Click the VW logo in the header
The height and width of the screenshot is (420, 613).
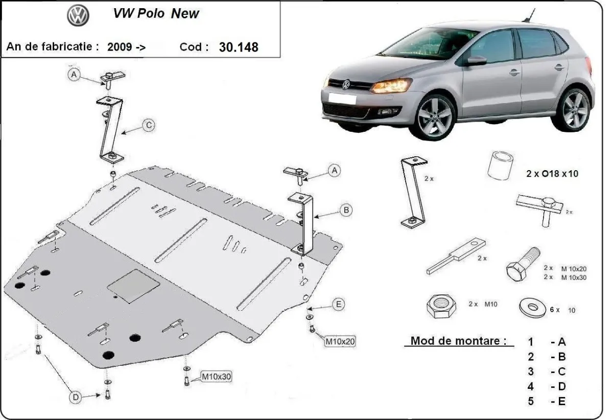78,16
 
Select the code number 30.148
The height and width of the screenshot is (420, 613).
239,47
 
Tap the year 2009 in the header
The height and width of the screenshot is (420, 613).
119,47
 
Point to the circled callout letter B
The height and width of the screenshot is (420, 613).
346,209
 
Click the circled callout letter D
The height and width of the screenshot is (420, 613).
75,396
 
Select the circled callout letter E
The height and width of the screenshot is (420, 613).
338,305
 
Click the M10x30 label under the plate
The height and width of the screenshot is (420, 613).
216,377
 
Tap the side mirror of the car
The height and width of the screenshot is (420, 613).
475,61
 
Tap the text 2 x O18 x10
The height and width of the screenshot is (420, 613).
552,173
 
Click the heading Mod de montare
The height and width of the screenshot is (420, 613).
459,341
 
